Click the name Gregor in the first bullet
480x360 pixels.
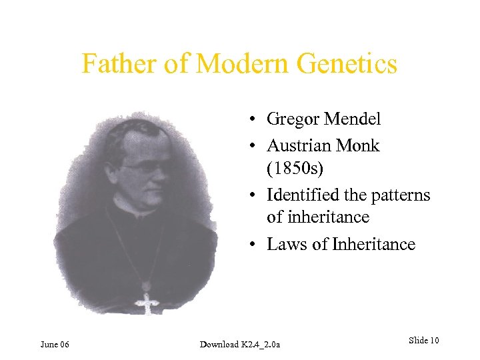pyautogui.click(x=294, y=119)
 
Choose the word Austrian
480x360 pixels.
pyautogui.click(x=299, y=145)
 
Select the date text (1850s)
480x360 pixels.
pyautogui.click(x=295, y=169)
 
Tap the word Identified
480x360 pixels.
pyautogui.click(x=303, y=195)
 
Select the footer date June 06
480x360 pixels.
pyautogui.click(x=55, y=344)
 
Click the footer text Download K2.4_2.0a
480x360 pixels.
pyautogui.click(x=240, y=344)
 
